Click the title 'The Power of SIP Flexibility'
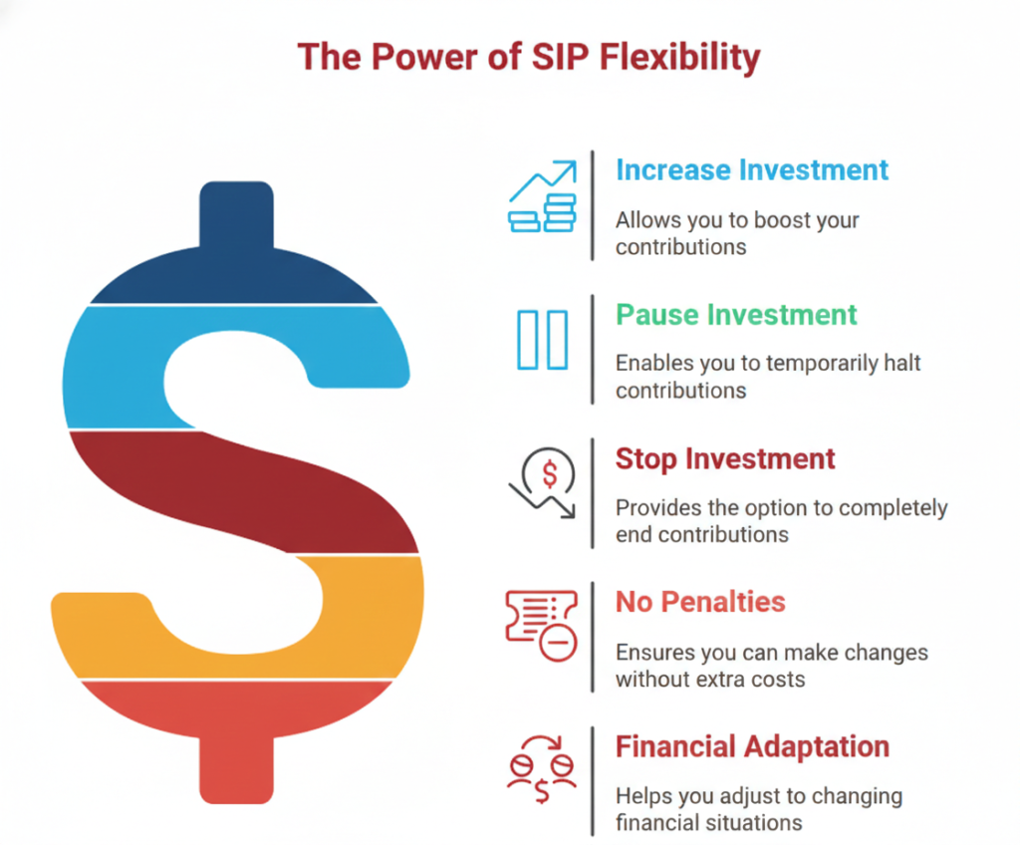pyautogui.click(x=528, y=57)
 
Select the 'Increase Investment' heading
pyautogui.click(x=752, y=170)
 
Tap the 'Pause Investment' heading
pyautogui.click(x=736, y=315)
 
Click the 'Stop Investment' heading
pyautogui.click(x=725, y=459)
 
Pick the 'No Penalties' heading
pyautogui.click(x=700, y=602)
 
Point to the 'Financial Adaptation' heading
pyautogui.click(x=753, y=746)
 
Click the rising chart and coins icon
pyautogui.click(x=543, y=196)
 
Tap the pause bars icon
pyautogui.click(x=543, y=340)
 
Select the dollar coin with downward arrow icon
pyautogui.click(x=543, y=483)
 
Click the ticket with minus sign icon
pyautogui.click(x=542, y=626)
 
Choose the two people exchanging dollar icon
pyautogui.click(x=542, y=769)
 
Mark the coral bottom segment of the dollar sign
pyautogui.click(x=236, y=729)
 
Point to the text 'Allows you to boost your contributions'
pyautogui.click(x=737, y=234)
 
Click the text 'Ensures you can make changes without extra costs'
pyautogui.click(x=772, y=666)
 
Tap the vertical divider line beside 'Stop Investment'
pyautogui.click(x=593, y=493)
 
